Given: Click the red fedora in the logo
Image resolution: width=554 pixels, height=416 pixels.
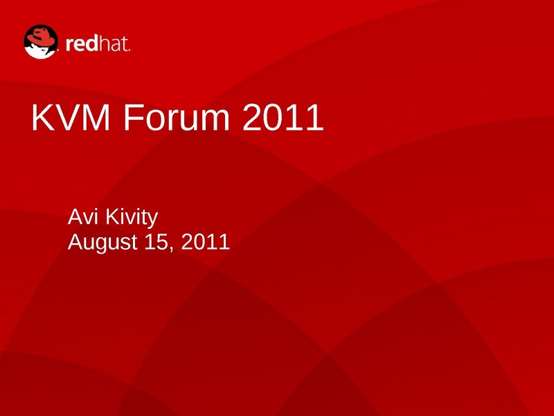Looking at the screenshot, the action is point(41,37).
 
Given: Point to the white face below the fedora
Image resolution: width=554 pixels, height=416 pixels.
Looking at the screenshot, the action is point(40,51).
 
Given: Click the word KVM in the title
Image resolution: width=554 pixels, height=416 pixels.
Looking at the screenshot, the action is point(71,117).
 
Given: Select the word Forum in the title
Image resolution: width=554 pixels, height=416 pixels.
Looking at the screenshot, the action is point(177,117).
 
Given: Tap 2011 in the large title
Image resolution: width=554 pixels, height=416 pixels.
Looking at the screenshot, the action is point(283,117).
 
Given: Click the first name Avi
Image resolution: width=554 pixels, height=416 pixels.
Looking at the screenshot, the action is point(82,216).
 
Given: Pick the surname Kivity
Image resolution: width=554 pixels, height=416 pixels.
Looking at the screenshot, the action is point(132,217).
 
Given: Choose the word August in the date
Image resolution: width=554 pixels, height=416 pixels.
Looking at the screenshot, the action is point(102,242).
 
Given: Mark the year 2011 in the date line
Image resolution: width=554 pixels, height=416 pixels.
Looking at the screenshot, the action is point(205,241).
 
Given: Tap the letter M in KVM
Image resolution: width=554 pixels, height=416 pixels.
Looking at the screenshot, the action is point(96,117).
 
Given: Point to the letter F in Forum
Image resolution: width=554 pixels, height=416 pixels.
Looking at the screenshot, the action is point(133,117).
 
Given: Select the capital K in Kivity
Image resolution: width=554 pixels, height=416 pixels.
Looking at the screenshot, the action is point(112,216).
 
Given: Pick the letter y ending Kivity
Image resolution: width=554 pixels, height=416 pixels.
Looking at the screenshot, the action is point(153,220).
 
